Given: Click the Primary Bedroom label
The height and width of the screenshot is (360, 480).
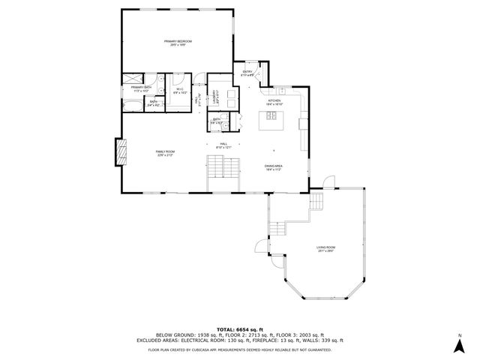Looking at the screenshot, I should pyautogui.click(x=179, y=42).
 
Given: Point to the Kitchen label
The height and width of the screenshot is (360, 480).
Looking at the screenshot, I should pyautogui.click(x=274, y=100).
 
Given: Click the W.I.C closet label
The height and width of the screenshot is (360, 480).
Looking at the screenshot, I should pyautogui.click(x=180, y=90).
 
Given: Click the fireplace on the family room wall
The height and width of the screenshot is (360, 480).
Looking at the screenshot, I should pyautogui.click(x=120, y=154).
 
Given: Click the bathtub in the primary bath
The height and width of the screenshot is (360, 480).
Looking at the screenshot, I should pyautogui.click(x=133, y=77).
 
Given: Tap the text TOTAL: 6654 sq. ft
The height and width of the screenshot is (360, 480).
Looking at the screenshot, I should pyautogui.click(x=239, y=329).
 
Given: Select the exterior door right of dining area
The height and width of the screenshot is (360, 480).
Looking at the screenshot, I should pyautogui.click(x=325, y=182).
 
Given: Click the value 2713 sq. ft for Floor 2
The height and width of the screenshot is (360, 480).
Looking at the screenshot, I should pyautogui.click(x=253, y=334).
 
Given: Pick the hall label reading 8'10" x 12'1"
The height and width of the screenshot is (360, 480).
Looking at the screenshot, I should pyautogui.click(x=223, y=146).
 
